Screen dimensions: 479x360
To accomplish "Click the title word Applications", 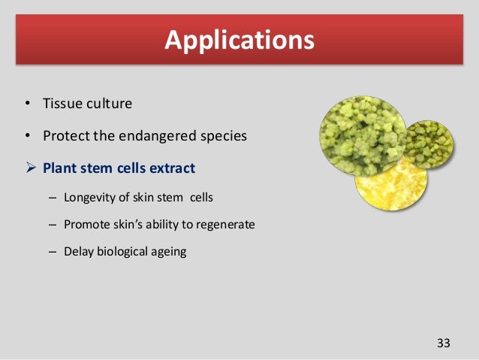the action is coord(239,41).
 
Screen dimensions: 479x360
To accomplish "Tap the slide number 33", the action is coord(443,343).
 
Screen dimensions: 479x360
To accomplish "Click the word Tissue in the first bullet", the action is coord(62,104).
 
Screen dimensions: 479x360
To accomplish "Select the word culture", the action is coord(110,104).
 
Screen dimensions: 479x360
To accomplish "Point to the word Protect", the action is coord(66,136).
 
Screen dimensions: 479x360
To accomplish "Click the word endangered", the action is coord(157,137).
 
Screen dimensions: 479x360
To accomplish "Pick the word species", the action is coord(224,137).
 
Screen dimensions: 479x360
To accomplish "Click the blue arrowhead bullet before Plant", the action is coord(31,168).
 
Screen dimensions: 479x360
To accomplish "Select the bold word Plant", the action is coord(59,168).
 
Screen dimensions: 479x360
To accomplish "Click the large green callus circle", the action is coord(363,137).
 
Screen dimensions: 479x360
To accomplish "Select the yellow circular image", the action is coord(391,186).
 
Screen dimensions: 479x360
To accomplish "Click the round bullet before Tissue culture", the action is coord(28,103).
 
